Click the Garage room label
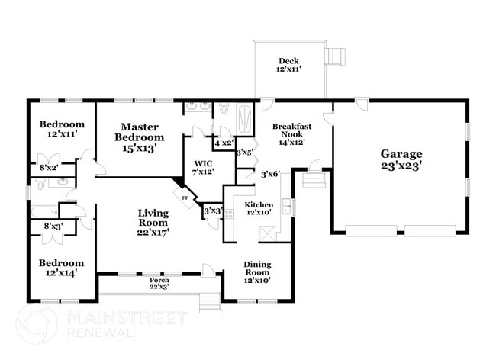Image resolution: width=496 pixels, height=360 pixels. (401, 153)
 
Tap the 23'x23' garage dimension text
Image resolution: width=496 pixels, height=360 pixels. (401, 164)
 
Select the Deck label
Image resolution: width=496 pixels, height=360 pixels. (288, 61)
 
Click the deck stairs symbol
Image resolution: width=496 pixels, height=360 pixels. (333, 56)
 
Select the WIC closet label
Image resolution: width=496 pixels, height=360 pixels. (203, 162)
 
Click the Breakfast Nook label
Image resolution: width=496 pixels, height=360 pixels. (291, 126)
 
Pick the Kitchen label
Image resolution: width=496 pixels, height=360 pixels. (259, 205)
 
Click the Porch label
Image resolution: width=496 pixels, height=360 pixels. (159, 281)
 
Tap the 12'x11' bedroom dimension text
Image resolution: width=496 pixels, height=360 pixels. (63, 134)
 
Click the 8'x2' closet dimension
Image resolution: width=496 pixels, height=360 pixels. (48, 166)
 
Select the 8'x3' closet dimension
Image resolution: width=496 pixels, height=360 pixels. (53, 226)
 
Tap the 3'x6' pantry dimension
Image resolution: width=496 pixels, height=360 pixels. (270, 175)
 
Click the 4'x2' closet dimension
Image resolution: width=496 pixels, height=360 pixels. (223, 143)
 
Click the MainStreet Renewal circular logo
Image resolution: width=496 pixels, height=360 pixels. (37, 325)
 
